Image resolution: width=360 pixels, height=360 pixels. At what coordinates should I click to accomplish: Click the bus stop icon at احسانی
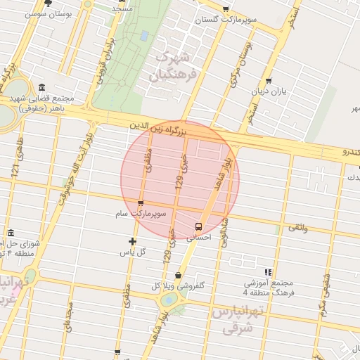point(199,226)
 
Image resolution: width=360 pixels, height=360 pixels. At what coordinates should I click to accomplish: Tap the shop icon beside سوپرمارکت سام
point(141,204)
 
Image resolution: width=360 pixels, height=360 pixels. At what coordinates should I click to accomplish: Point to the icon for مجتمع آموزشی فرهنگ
point(267,272)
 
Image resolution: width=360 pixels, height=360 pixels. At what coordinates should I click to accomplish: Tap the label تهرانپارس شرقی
point(237,319)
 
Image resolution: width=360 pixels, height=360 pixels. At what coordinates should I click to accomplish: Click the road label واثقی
point(296,227)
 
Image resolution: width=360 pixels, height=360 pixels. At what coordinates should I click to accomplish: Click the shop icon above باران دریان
point(269,82)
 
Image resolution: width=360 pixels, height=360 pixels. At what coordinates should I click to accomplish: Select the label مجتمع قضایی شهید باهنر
point(49,103)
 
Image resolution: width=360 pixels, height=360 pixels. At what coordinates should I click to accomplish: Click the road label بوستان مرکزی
point(240,62)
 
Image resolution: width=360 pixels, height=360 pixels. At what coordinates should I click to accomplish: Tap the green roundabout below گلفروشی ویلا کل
point(169,301)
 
